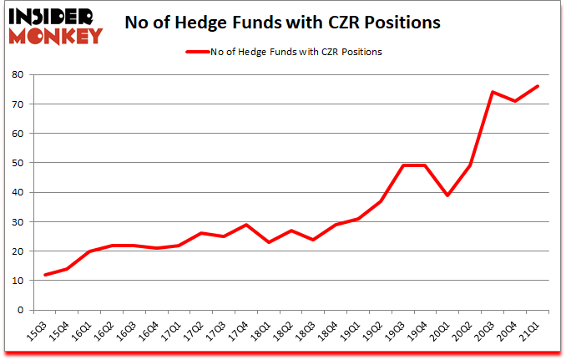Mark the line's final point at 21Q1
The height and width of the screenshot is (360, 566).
point(538,86)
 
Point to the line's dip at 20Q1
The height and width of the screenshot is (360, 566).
point(448,195)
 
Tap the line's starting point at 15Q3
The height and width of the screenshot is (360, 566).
point(45,275)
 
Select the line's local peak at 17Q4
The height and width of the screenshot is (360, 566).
point(246,225)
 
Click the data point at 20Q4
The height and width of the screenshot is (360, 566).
point(515,101)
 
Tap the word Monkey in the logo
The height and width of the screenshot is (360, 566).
point(56,34)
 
